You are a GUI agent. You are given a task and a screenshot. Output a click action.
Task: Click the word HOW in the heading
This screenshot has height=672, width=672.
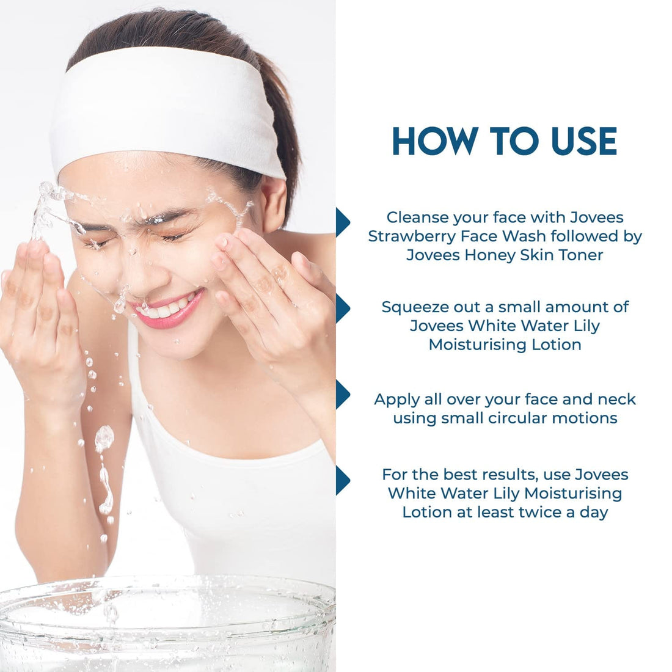pos(434,141)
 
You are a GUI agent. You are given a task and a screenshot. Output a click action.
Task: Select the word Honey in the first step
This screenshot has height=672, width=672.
pos(490,255)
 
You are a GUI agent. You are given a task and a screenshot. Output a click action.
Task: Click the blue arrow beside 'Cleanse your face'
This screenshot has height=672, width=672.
pos(343,222)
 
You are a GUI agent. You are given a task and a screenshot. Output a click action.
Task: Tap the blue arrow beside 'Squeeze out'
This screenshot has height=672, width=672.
pos(343,308)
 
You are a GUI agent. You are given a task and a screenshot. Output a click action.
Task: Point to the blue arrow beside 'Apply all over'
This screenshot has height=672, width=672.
pos(343,394)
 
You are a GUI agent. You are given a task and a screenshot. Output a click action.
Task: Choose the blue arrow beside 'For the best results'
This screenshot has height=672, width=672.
pos(343,480)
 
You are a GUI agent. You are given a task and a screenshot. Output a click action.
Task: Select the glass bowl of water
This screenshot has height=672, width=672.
pos(167,626)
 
